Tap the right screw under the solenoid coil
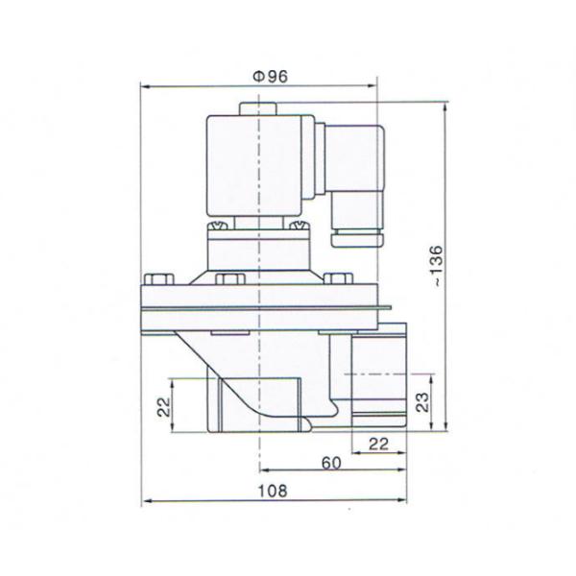coord(299,228)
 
